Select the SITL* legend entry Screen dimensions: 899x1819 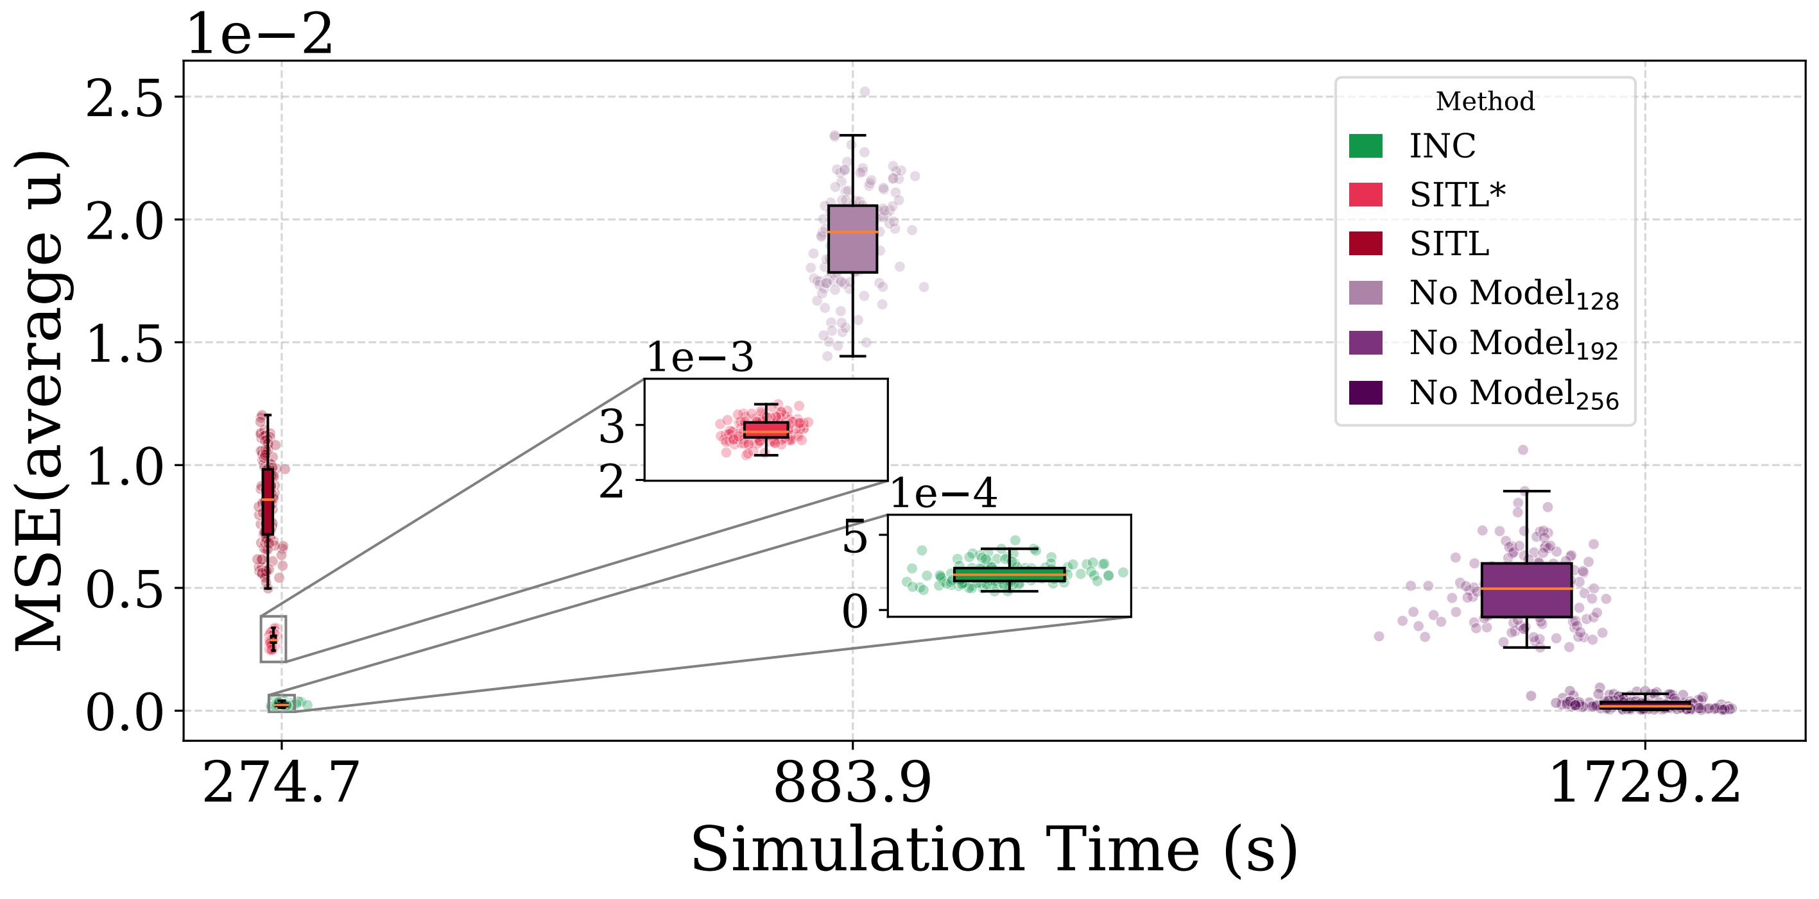(x=1457, y=195)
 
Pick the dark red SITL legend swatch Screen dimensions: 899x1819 (x=1365, y=244)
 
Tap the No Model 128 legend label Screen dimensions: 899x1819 (x=1513, y=294)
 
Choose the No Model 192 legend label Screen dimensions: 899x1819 (x=1513, y=344)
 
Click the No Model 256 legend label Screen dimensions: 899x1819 (x=1513, y=393)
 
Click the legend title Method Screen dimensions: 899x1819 (x=1485, y=101)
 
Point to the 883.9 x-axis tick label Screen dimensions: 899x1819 (x=852, y=784)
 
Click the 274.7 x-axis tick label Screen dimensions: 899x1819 (x=281, y=784)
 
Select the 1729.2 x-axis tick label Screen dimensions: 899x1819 (x=1644, y=784)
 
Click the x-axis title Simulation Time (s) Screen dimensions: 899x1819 (x=994, y=850)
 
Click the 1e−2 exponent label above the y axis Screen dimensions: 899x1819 (x=259, y=35)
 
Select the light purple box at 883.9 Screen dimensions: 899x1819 (x=852, y=239)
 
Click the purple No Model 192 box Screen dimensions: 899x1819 (x=1526, y=590)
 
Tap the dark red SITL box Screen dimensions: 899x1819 (x=268, y=501)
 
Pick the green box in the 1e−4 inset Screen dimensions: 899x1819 (x=1009, y=575)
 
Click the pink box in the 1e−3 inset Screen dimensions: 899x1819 (x=766, y=430)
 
